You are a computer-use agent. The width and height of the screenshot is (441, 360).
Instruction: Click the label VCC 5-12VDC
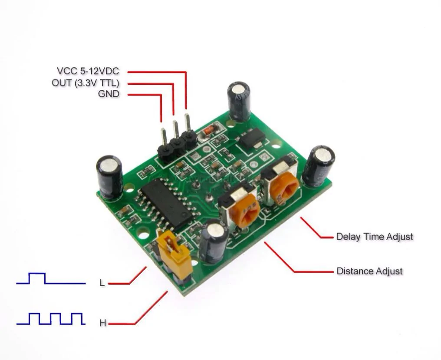(87, 71)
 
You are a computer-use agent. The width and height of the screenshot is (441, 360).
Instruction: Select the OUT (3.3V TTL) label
(85, 83)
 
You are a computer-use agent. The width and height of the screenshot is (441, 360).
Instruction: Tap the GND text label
(109, 94)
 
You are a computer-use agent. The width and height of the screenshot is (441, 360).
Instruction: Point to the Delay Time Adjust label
(375, 237)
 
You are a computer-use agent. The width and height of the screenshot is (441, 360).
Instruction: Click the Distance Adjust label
(369, 271)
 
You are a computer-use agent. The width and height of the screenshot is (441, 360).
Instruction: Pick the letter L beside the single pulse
(102, 283)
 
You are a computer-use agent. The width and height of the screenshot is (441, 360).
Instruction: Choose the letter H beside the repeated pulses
(103, 323)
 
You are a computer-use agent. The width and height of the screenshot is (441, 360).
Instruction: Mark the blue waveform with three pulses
(50, 319)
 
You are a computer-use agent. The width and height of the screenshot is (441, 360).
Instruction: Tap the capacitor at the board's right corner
(319, 166)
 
